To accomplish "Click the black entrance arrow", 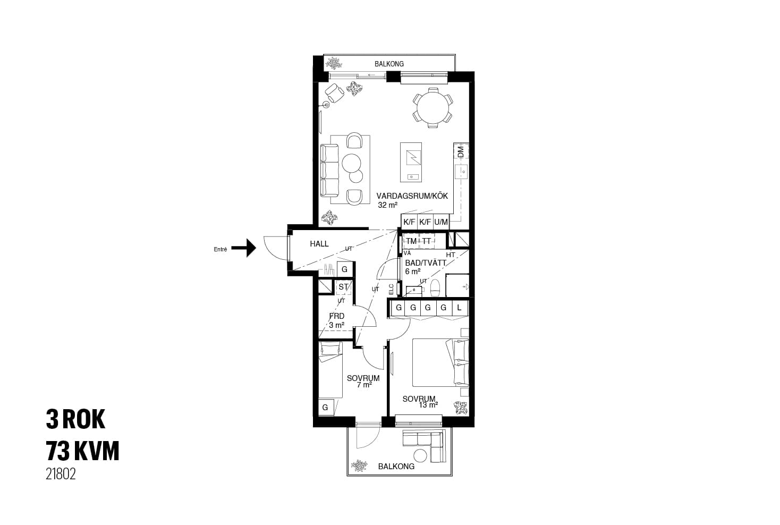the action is tap(244, 248).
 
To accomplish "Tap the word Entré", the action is tap(220, 249).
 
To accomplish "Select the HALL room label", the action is tap(319, 244).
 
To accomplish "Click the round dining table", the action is tap(433, 107).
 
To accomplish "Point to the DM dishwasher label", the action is tap(461, 151).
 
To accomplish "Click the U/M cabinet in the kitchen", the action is tap(441, 222).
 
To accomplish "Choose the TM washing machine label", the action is tap(411, 241).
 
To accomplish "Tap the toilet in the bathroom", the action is tap(435, 287).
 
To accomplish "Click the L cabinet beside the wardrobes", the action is tap(459, 308).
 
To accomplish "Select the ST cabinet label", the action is tap(343, 287).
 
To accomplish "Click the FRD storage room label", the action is tap(337, 316).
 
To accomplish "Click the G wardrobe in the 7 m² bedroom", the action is tap(326, 407).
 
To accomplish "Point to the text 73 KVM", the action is tap(82, 451).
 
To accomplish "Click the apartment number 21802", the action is tap(61, 474).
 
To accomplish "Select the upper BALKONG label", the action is tap(389, 64).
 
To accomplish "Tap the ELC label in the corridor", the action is tap(391, 289).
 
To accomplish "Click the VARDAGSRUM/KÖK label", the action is tap(412, 196).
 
